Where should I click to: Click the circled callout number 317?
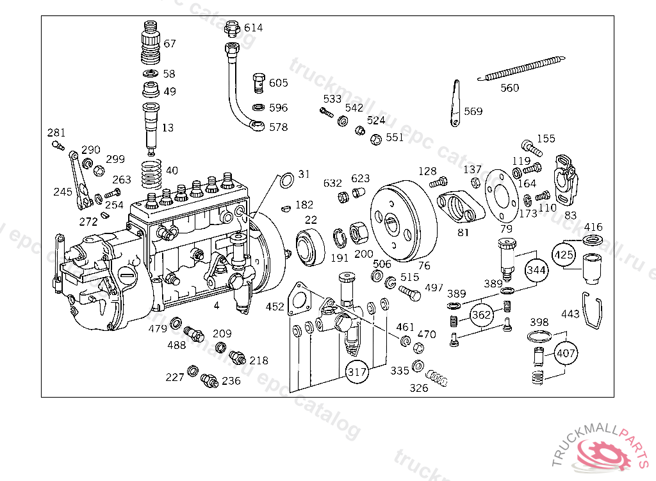(x=357, y=371)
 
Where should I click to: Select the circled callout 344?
(x=536, y=270)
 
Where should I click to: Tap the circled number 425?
(x=564, y=255)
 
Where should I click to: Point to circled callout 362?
(x=481, y=314)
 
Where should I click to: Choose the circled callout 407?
(x=566, y=353)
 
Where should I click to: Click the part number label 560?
(x=509, y=88)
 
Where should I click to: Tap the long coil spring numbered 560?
(x=521, y=67)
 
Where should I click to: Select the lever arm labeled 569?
(x=455, y=103)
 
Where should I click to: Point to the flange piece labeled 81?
(x=461, y=207)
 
